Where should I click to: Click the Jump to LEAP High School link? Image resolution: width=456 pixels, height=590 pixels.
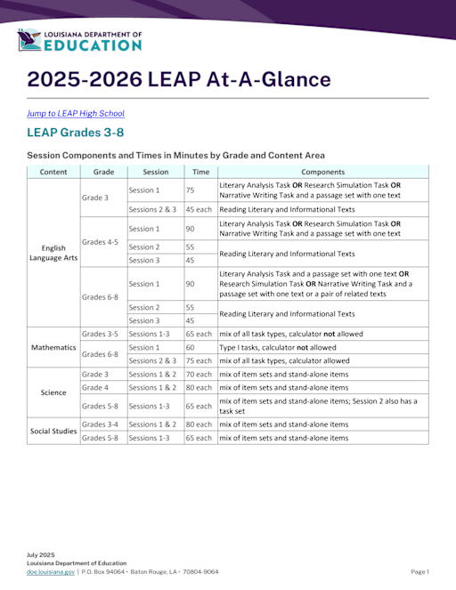[76, 113]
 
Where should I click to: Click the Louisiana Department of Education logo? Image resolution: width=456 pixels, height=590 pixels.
[79, 40]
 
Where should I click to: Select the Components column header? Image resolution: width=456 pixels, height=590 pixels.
[322, 172]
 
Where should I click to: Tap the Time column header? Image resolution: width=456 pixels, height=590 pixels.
[200, 172]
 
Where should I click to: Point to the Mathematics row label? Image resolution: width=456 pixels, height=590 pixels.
[53, 347]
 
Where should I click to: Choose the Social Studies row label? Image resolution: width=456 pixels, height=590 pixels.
[53, 431]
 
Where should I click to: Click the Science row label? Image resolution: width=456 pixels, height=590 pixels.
[53, 392]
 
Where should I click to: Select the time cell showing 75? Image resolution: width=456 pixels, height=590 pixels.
[191, 190]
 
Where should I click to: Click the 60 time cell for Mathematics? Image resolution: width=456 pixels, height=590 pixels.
[191, 347]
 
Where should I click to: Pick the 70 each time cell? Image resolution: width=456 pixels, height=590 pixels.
[199, 374]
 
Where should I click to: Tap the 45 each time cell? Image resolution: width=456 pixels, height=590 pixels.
[199, 209]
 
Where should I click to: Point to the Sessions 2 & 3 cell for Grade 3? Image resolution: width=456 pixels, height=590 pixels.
[153, 209]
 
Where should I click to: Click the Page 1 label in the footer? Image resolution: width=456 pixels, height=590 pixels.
[419, 571]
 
